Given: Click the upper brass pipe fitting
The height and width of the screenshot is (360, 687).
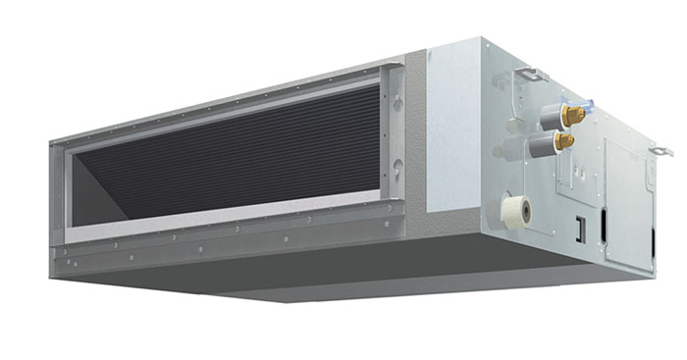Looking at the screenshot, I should (x=573, y=115).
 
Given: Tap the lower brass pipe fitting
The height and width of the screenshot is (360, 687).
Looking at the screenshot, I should (x=564, y=142).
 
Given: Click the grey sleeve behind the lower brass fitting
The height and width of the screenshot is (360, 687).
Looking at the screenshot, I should (x=541, y=148).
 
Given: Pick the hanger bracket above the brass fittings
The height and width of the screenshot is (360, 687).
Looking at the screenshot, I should (x=530, y=74).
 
